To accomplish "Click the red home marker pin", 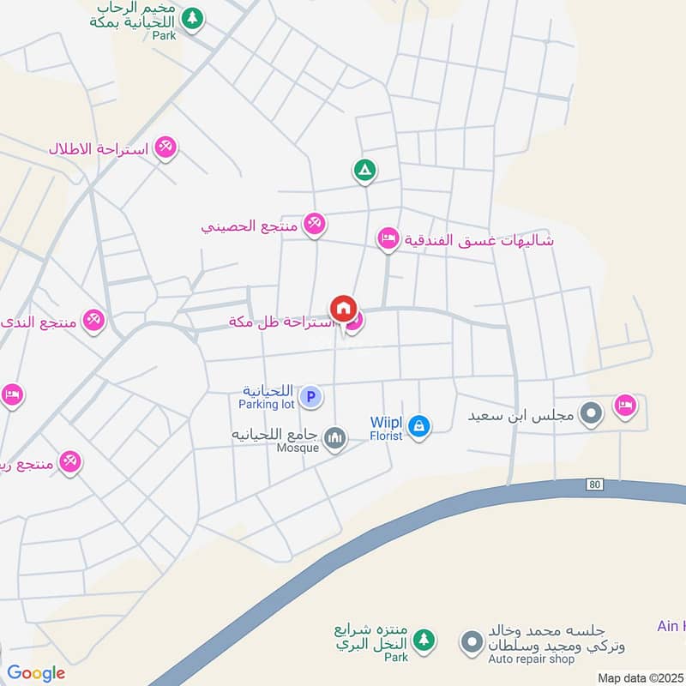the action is (x=343, y=309).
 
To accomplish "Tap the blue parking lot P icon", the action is (x=313, y=397).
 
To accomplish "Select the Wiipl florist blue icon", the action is (x=418, y=424).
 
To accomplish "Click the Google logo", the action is (x=36, y=673).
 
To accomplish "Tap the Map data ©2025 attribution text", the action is (x=641, y=677).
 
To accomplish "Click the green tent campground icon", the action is (x=364, y=171).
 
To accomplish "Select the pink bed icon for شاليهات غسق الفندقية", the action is (x=388, y=239).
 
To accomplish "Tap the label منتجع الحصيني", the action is (x=250, y=227).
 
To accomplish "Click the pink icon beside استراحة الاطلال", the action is (x=166, y=148).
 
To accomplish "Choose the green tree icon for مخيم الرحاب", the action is (x=194, y=17).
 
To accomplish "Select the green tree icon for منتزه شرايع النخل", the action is (x=423, y=640).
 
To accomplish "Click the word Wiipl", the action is (x=386, y=421).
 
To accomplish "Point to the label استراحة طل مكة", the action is (x=280, y=322).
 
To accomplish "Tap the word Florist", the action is (x=386, y=435).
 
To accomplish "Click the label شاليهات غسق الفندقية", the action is (x=479, y=241).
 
